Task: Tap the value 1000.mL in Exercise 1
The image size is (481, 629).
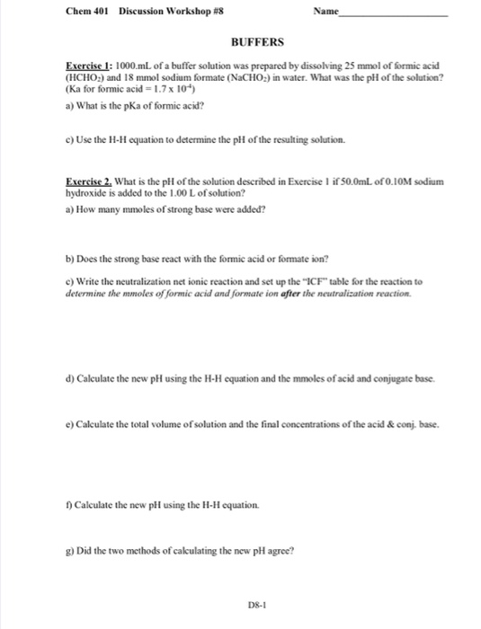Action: tap(134, 68)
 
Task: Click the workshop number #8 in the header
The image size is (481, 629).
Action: tap(206, 12)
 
